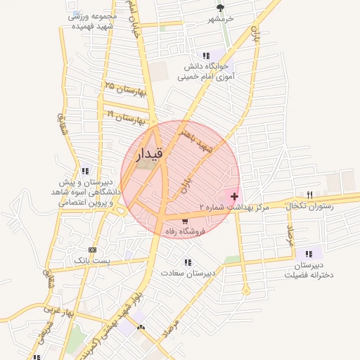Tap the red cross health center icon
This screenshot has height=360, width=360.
[234, 195]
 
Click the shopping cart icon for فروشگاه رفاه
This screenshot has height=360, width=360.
[184, 221]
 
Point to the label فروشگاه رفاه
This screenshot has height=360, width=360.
[184, 231]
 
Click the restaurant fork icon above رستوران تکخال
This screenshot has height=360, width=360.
[309, 195]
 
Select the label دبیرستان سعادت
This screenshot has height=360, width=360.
[185, 271]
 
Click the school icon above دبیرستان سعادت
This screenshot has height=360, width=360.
[186, 261]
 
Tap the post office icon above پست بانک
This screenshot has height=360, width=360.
[92, 250]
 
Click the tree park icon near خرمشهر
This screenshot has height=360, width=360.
[221, 8]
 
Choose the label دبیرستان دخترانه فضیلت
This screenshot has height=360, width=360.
[308, 269]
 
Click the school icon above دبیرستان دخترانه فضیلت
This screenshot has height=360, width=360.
[307, 254]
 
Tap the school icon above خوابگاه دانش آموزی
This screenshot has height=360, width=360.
[206, 55]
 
